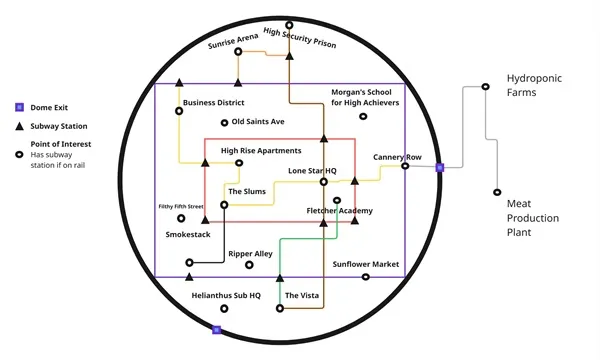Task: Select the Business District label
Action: click(214, 103)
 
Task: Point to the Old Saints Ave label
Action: click(258, 122)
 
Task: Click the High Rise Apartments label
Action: click(261, 151)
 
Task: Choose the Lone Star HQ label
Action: click(312, 171)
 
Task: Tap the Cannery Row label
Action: click(397, 157)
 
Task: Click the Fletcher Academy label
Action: click(339, 211)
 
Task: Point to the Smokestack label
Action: click(188, 234)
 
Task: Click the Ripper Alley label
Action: click(250, 254)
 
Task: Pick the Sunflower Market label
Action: click(366, 265)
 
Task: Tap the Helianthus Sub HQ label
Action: click(226, 296)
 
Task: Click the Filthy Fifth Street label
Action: click(181, 207)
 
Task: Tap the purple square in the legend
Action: click(19, 106)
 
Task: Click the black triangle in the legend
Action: click(19, 127)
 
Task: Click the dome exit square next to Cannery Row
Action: click(439, 167)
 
